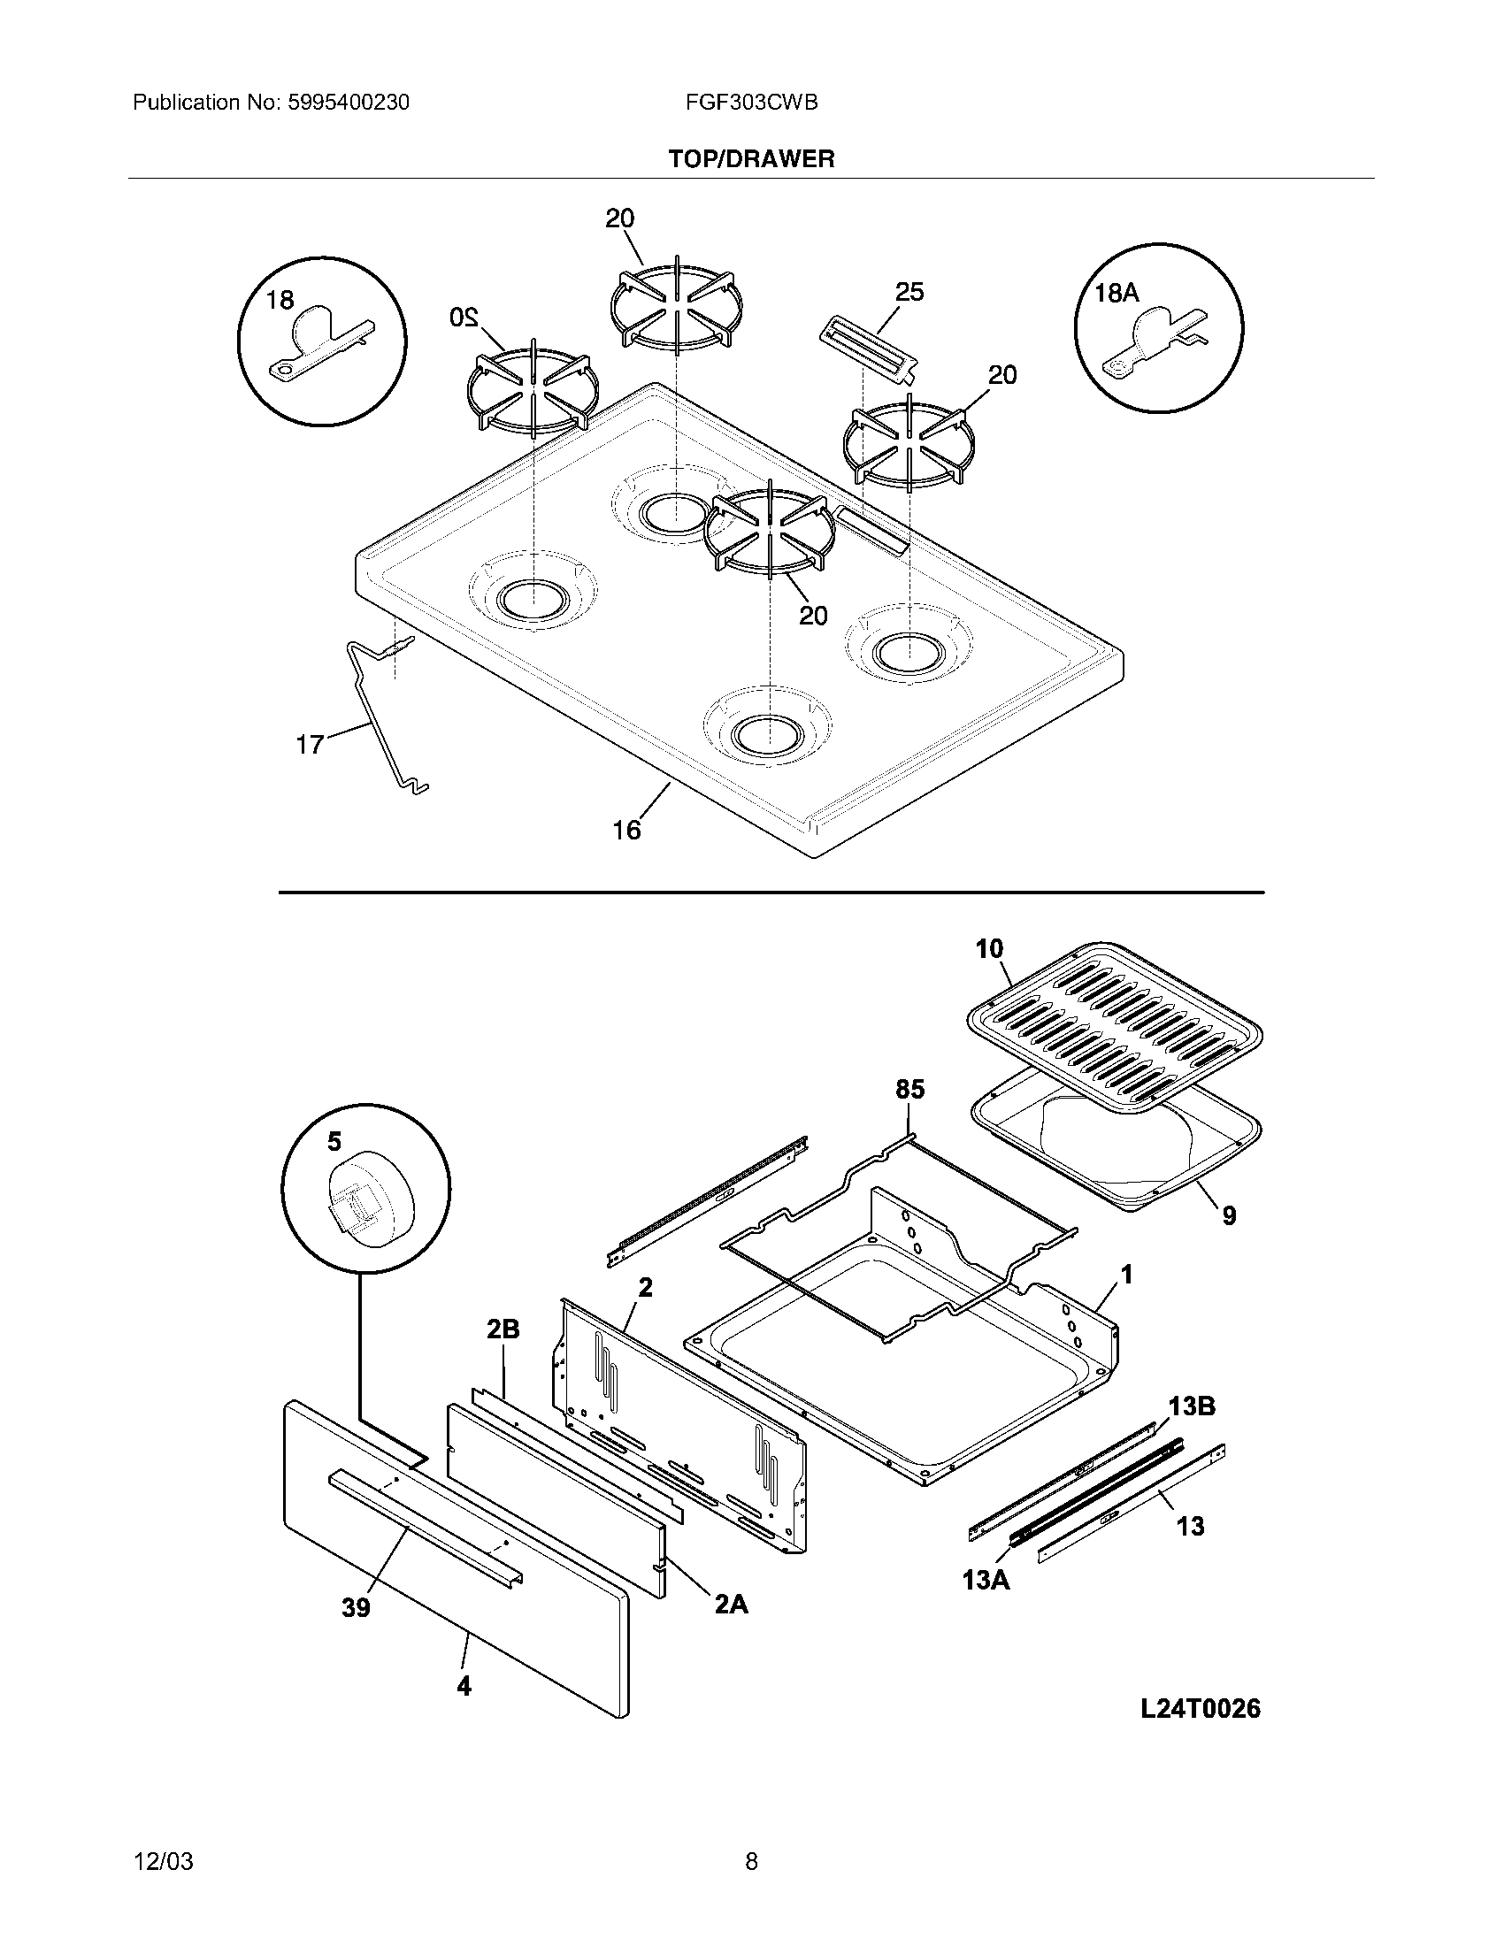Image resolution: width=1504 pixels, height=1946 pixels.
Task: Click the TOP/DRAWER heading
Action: [751, 159]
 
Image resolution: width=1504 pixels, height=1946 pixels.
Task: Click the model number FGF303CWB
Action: [751, 103]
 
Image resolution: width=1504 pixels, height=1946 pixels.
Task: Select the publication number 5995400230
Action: [348, 103]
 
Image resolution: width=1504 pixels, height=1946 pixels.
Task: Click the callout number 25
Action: [909, 291]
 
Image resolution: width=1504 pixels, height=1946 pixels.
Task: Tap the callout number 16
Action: [626, 830]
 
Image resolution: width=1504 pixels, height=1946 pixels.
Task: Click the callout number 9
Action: [1229, 1215]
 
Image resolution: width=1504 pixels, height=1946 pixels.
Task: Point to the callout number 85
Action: [909, 1089]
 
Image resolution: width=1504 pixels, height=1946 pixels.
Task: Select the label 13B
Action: [1192, 1406]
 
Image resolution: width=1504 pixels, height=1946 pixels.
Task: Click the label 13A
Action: [986, 1580]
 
